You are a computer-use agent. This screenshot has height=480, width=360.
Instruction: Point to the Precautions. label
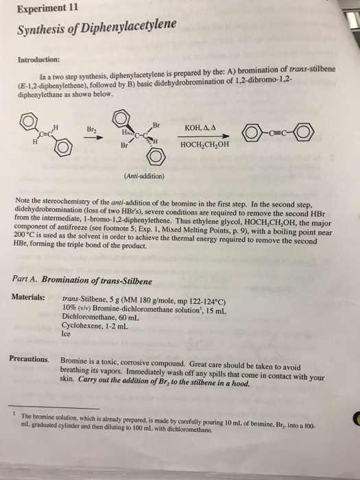(29, 359)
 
